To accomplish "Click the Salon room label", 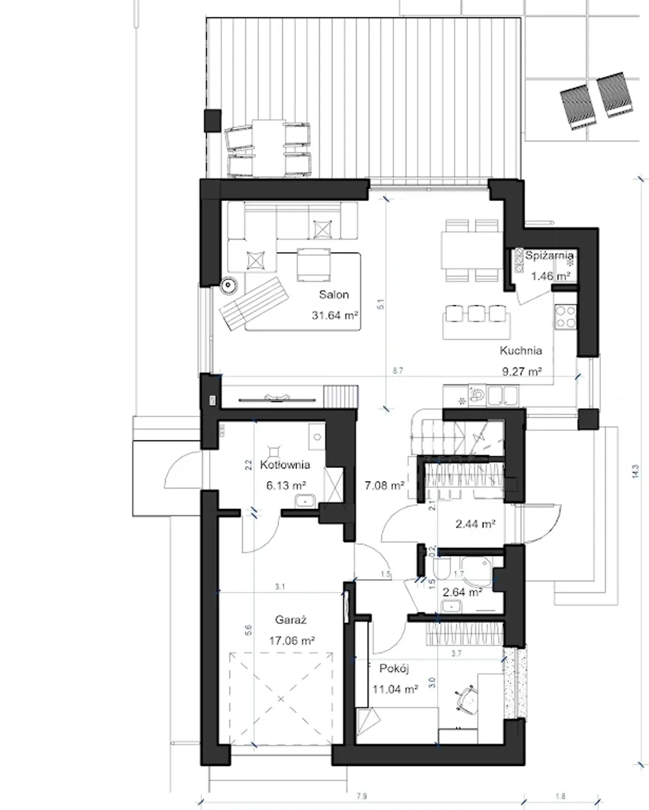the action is tap(334, 294).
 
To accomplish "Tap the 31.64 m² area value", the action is tap(334, 315).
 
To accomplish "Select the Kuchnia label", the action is tap(521, 350).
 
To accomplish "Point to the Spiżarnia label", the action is tap(549, 255).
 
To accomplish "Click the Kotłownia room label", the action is tap(285, 464).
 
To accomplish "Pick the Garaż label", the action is tap(291, 619).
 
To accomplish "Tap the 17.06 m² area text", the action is tap(292, 640).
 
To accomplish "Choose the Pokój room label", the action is tap(394, 669).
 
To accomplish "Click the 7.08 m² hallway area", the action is tap(384, 485).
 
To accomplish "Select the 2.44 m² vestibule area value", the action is tap(475, 524).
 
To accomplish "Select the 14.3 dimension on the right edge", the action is tap(635, 471).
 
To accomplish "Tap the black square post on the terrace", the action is tap(212, 121).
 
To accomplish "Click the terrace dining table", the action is tap(268, 148).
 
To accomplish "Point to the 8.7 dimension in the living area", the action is tap(398, 371).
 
